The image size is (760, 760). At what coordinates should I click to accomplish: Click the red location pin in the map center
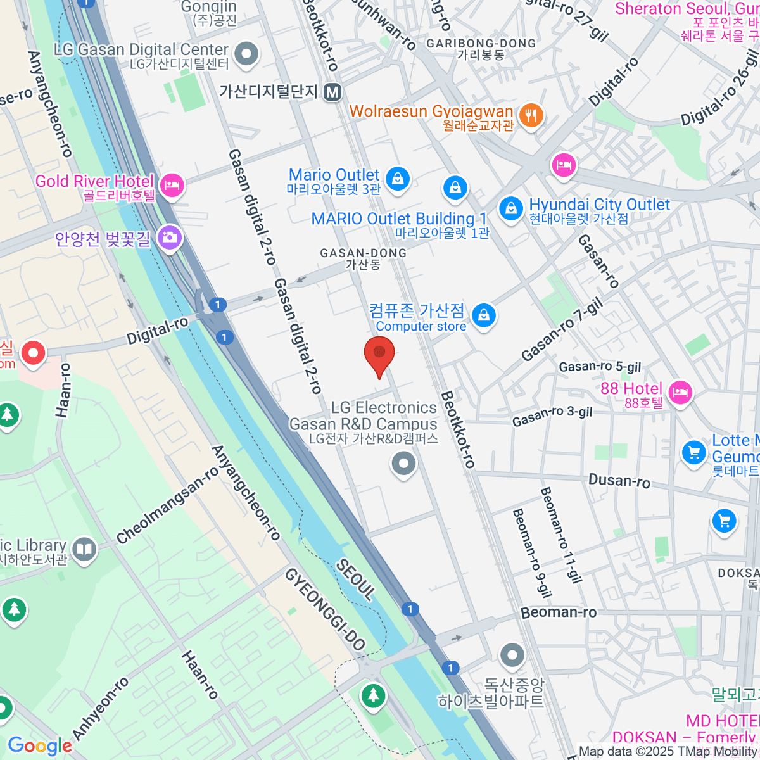[379, 355]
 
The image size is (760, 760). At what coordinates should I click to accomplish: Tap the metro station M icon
[332, 92]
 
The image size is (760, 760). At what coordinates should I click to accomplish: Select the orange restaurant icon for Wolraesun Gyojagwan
[531, 115]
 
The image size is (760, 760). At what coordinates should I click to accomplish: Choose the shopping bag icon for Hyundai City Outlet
[510, 209]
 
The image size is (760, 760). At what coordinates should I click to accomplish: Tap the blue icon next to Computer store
[484, 315]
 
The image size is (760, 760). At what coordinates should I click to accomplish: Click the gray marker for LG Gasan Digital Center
[246, 53]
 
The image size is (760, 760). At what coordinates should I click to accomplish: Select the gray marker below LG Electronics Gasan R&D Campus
[403, 464]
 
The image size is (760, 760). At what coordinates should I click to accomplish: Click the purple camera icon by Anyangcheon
[170, 237]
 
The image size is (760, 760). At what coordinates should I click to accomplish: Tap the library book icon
[84, 549]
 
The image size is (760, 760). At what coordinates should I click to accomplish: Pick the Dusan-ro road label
[619, 481]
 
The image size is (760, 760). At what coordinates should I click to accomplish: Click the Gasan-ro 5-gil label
[600, 367]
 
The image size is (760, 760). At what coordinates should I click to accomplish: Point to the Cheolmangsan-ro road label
[168, 506]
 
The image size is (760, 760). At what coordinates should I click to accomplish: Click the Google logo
[39, 746]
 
